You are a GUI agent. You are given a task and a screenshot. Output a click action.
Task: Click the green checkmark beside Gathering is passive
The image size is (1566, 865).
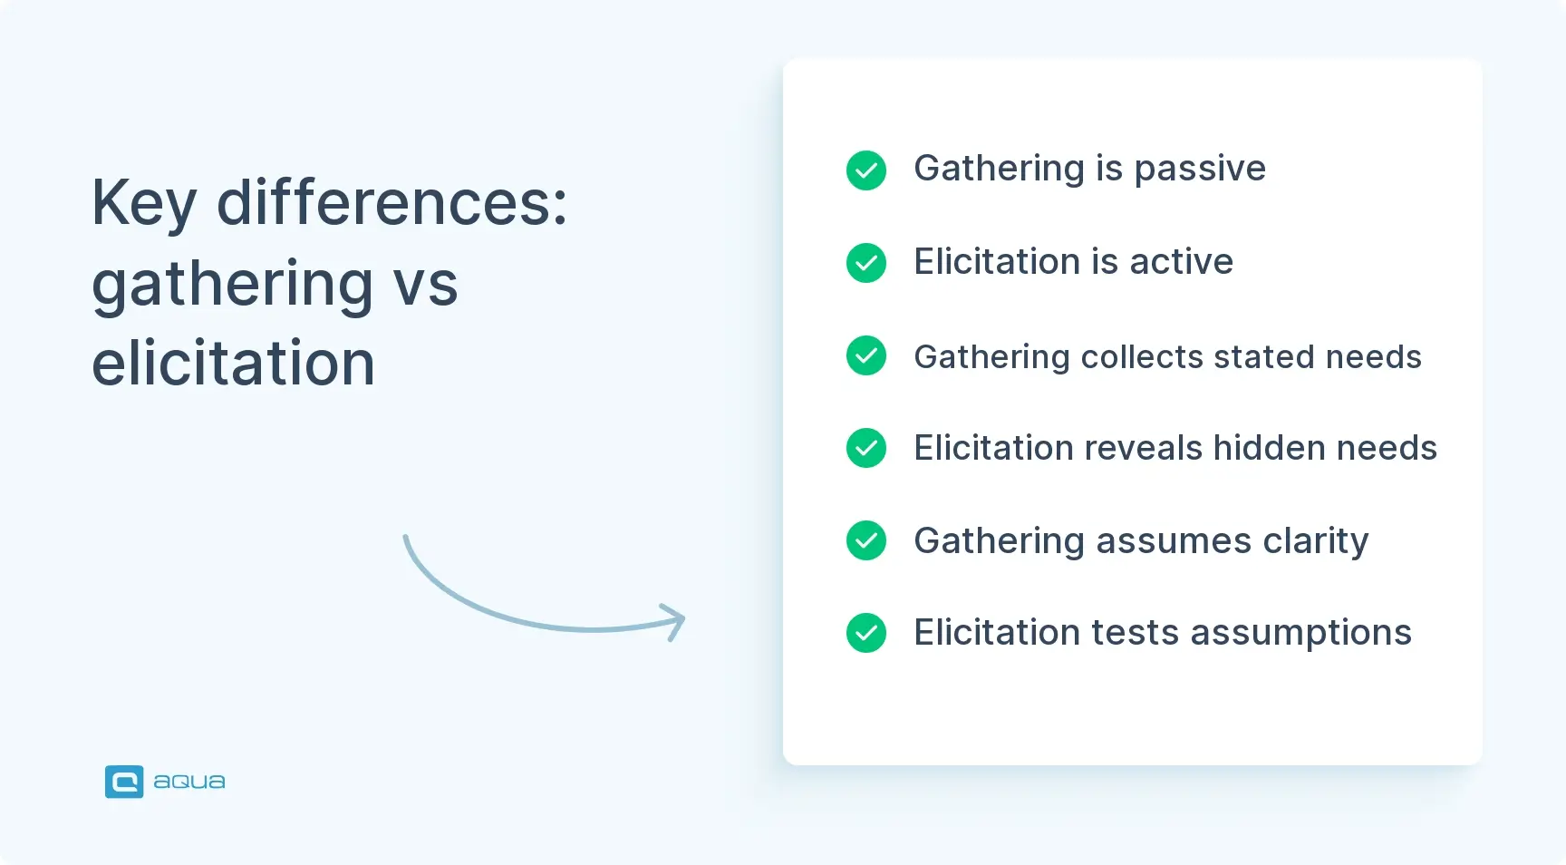[x=865, y=170]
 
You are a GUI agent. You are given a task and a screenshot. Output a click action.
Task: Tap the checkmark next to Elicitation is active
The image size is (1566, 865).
[x=865, y=263]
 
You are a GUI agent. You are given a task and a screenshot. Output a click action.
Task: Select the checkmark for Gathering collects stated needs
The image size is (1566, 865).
[x=865, y=355]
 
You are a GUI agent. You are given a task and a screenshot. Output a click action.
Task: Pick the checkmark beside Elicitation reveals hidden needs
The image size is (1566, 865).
[x=865, y=448]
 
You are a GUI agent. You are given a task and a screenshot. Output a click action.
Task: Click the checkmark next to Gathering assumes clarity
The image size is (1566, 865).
[x=865, y=540]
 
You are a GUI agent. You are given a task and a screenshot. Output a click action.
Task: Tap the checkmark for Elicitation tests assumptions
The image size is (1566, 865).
[x=865, y=633]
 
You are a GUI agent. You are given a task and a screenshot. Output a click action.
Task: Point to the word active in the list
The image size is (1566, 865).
[x=1181, y=262]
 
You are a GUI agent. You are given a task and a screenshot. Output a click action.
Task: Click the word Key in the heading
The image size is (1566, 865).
[x=144, y=204]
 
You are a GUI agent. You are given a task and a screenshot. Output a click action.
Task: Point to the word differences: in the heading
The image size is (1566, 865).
[x=391, y=202]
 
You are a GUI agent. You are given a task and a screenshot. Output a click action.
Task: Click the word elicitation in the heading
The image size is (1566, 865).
[x=233, y=364]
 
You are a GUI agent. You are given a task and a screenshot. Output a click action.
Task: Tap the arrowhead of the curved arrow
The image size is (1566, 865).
[x=676, y=621]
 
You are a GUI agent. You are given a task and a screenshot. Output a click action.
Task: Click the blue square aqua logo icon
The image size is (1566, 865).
[x=124, y=782]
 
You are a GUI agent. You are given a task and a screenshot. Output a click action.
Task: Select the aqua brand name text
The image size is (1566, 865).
[x=188, y=782]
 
